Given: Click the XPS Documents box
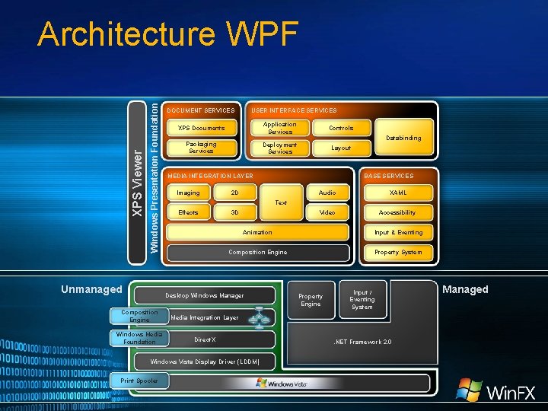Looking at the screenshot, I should (201, 128).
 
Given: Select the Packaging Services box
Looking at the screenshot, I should (201, 148).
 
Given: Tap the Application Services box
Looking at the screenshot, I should (280, 128).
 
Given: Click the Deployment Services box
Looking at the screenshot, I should (280, 148).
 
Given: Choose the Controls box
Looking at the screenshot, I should (341, 128).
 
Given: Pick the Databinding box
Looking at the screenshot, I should (403, 138).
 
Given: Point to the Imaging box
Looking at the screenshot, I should (188, 193).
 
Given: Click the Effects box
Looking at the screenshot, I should (188, 212).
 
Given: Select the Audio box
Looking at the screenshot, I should (327, 193).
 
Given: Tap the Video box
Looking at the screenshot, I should (327, 212).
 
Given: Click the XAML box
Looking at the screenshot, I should (398, 193).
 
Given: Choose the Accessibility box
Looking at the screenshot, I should (398, 212).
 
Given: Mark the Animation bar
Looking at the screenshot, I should (256, 232).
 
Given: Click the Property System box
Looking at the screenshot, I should (398, 252).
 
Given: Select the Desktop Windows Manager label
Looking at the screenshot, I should (204, 295).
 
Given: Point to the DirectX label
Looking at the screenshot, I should (205, 339).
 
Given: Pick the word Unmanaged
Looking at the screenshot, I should (91, 289).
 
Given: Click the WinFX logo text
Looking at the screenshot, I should (511, 393).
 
